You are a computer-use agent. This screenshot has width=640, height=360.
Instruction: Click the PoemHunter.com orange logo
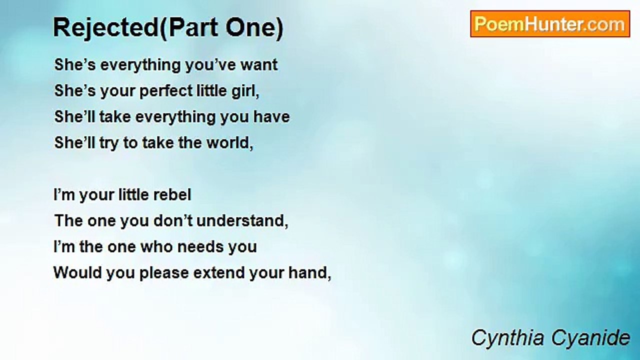coord(550,24)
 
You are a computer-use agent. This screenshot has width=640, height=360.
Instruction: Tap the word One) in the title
coord(254,27)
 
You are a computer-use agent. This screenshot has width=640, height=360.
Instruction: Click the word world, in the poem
coord(229,142)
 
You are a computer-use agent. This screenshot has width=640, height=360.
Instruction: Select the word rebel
coord(172,195)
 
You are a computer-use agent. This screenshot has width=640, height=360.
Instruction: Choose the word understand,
coord(242,221)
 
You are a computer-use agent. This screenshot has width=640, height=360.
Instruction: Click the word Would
coord(77,273)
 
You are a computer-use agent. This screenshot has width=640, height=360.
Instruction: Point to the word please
coord(164,273)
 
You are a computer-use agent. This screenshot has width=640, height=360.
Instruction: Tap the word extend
coord(219,273)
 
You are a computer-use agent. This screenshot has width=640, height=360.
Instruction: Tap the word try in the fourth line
coord(108,143)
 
